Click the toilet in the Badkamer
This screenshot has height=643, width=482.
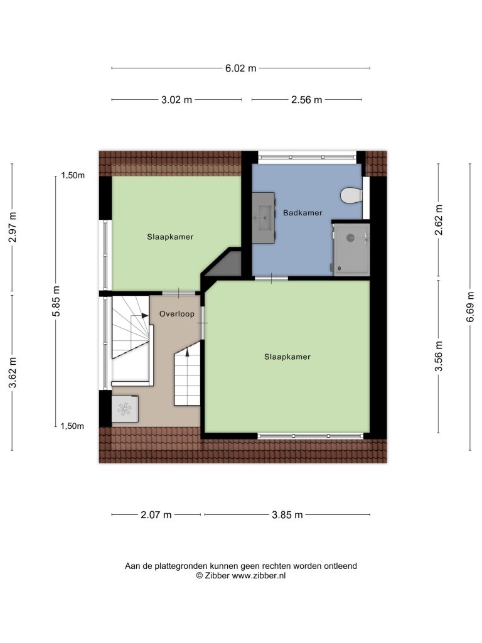[351, 195]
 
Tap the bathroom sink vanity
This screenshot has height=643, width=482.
[263, 218]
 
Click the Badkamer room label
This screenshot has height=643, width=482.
[303, 213]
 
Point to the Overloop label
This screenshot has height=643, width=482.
[176, 314]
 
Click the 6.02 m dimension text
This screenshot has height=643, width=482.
[240, 68]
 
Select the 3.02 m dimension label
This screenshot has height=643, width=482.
[176, 100]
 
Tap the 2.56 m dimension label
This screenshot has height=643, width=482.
[306, 100]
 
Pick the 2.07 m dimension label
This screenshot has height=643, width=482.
[156, 515]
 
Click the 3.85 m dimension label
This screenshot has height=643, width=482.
[287, 515]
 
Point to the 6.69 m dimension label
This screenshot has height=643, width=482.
[470, 306]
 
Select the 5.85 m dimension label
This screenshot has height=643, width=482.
[56, 301]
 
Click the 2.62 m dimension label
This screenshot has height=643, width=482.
[439, 220]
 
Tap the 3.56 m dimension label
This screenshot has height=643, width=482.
[439, 356]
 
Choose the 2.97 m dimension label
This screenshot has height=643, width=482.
[13, 227]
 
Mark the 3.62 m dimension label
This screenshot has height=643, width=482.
[13, 372]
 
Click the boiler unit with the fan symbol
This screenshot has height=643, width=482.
[125, 408]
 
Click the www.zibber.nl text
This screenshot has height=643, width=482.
[259, 576]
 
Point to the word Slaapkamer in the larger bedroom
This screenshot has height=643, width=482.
[287, 357]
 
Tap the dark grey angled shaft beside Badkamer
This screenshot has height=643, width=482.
[223, 263]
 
